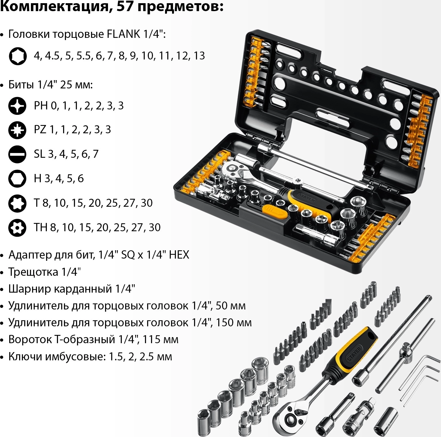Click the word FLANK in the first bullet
(x=123, y=34)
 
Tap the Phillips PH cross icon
(x=18, y=106)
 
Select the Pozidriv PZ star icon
(x=18, y=130)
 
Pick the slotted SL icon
(x=18, y=154)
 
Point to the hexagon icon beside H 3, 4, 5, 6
(x=18, y=178)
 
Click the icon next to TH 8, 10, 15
(x=18, y=227)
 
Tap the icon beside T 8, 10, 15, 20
(x=18, y=203)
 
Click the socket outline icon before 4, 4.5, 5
(x=18, y=56)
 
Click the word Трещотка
(x=33, y=272)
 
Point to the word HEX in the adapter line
(x=179, y=255)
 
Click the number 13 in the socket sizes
(x=199, y=56)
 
